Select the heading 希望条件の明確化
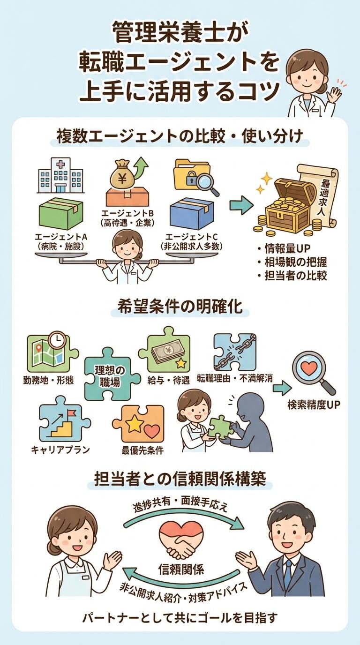180,307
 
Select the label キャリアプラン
60,449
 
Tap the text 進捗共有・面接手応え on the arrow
180,507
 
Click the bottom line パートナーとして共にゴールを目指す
180,618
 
